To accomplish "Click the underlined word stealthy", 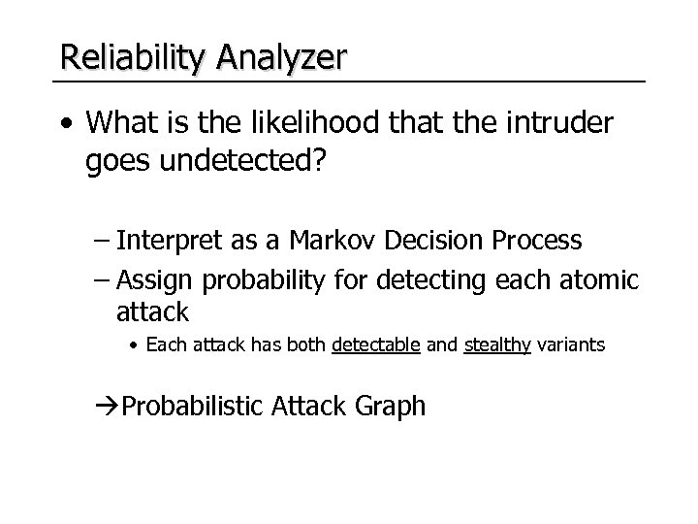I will coord(496,344).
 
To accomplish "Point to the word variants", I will coord(570,344).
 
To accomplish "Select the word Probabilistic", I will coord(191,406).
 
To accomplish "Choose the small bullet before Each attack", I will coord(137,345).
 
